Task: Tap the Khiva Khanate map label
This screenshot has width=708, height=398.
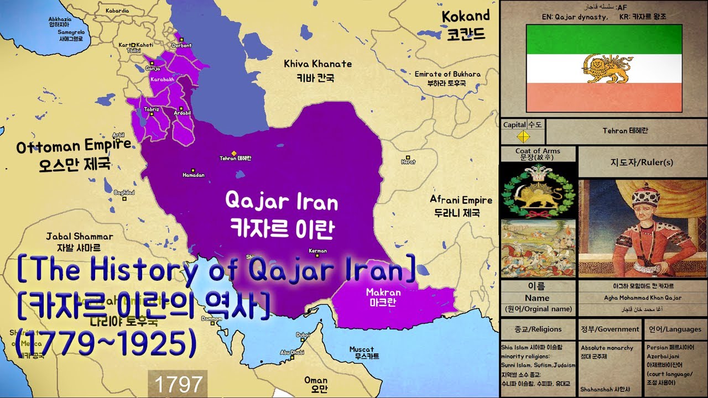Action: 317,64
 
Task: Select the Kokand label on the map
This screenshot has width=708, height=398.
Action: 466,16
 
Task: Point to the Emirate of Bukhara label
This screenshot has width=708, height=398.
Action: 447,74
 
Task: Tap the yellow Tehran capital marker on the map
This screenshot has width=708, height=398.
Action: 234,153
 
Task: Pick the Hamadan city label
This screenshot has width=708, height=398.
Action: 194,175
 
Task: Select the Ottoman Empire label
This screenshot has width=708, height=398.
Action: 74,146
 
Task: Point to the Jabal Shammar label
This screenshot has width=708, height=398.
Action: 80,237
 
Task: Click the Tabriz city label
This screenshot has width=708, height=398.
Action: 151,109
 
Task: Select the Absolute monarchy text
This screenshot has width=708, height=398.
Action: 607,348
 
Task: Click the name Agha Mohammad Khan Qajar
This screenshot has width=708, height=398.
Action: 642,298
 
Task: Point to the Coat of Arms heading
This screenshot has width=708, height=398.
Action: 538,151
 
